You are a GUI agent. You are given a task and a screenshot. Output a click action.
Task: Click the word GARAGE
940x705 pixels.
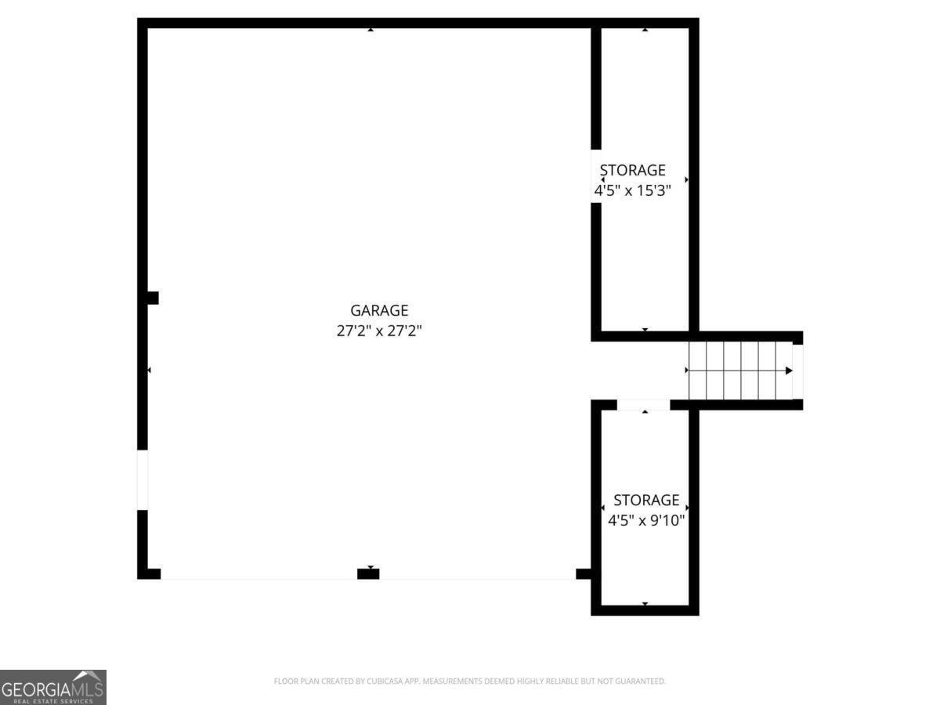pos(379,310)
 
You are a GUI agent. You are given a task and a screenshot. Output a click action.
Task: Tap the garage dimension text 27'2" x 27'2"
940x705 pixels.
pos(379,331)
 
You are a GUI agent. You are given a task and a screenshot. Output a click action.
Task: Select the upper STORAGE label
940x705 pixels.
pos(632,170)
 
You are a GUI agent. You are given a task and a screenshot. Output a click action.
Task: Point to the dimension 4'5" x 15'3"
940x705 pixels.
pos(632,190)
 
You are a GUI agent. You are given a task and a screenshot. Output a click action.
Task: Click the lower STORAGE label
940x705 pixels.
pos(646,500)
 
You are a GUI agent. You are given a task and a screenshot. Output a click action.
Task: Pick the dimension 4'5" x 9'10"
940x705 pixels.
pos(646,520)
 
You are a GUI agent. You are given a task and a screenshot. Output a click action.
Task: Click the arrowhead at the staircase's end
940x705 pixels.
pos(788,371)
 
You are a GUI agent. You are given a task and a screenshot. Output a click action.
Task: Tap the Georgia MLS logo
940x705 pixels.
pos(53,687)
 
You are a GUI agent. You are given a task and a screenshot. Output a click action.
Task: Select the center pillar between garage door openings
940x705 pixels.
pos(368,573)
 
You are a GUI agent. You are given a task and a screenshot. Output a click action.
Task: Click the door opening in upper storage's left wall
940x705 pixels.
pos(595,176)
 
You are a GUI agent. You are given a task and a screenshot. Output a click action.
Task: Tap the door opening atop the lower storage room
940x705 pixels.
pos(643,405)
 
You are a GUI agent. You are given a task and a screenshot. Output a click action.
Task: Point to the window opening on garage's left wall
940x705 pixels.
pos(143,479)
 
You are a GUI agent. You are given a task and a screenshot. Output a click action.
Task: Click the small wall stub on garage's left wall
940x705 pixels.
pos(153,298)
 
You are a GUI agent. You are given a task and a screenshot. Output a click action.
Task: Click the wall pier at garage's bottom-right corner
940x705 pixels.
pos(584,573)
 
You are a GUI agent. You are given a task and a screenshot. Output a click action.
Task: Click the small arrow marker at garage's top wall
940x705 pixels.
pos(371,30)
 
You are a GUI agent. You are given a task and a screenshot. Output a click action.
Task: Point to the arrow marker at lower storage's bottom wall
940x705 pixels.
pos(645,604)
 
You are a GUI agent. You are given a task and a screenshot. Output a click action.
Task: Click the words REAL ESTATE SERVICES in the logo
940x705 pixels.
pos(53,701)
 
